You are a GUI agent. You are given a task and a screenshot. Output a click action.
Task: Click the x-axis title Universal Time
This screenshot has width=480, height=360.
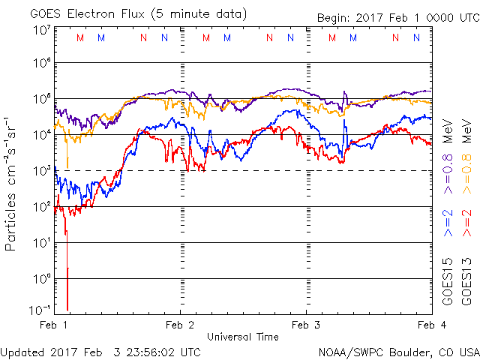pos(242,337)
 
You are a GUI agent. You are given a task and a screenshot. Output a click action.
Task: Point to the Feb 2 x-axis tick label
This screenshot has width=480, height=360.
pos(179,325)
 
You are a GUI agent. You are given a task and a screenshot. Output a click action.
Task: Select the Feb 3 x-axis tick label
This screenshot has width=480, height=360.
pos(305,325)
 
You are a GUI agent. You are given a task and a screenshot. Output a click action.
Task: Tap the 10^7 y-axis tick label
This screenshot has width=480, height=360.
pos(42,30)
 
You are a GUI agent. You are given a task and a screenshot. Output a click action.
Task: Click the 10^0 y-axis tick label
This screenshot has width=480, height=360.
pos(42,279)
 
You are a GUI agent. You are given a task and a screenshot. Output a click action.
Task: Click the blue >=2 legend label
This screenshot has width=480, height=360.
pos(448,223)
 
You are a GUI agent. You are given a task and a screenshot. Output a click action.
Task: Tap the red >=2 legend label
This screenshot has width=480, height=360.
pos(466,223)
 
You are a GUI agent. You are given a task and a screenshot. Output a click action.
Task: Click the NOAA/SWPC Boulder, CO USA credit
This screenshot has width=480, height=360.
pos(398,351)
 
